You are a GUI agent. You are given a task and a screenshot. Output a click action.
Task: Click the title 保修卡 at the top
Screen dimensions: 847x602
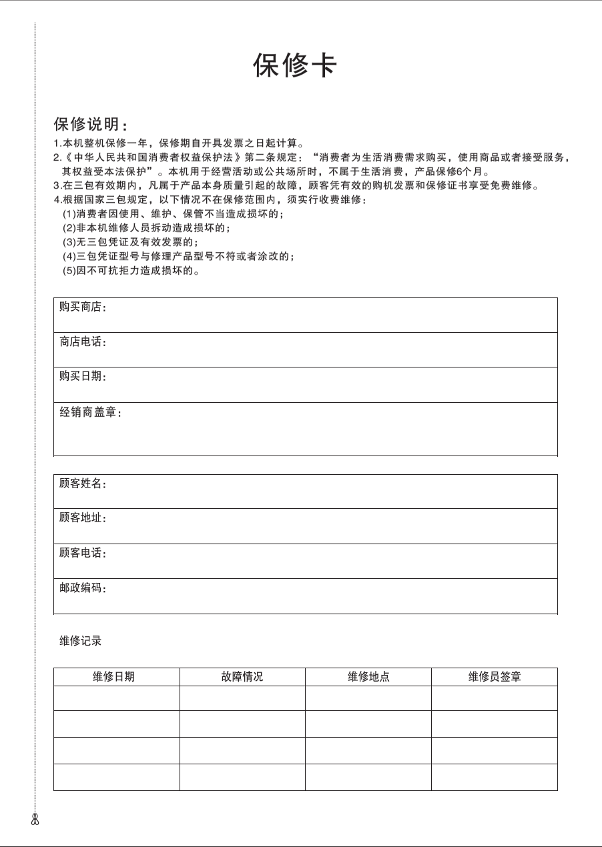pos(295,65)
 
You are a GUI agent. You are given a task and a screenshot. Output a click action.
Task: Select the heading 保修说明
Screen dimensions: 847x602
pos(90,125)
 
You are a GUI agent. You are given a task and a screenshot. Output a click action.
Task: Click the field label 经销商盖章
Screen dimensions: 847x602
pos(90,413)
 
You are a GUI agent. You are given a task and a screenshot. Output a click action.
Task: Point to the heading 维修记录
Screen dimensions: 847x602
pos(81,642)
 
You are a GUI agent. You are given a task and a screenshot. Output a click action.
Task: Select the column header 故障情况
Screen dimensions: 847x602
pos(242,677)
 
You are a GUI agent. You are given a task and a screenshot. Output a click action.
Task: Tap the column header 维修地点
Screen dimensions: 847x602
pos(368,677)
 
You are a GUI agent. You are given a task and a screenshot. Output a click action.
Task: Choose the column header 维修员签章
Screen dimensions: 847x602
pos(495,677)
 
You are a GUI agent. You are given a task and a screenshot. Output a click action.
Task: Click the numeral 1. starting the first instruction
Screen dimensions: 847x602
pos(57,143)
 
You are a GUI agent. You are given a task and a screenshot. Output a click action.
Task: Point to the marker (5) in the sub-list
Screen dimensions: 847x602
pos(69,271)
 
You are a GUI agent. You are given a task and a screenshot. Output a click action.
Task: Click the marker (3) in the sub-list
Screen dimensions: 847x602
pos(69,242)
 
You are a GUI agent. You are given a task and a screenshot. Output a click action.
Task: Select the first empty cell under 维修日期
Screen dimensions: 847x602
pos(117,698)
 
